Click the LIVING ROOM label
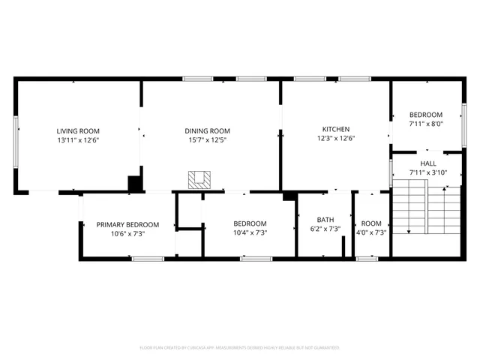tap(78, 130)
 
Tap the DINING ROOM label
tap(207, 130)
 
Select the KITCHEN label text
tap(335, 128)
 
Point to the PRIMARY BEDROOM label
tap(127, 224)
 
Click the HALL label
tap(427, 163)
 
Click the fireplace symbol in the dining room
tap(200, 179)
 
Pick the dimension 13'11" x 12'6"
tap(78, 139)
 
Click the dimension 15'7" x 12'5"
tap(207, 139)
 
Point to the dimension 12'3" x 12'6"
tap(335, 137)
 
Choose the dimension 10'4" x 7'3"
tap(249, 232)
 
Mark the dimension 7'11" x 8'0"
tap(425, 124)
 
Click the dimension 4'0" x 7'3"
tap(371, 232)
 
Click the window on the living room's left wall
tap(16, 136)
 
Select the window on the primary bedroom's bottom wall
tap(148, 259)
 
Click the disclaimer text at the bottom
tap(240, 348)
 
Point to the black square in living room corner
tap(135, 184)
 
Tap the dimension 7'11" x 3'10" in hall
tap(427, 172)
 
